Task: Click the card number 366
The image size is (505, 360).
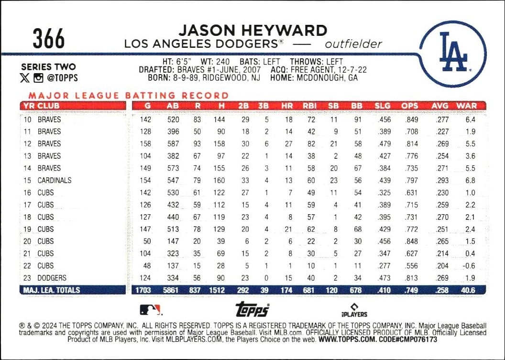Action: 49,39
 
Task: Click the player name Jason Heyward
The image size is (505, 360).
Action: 252,30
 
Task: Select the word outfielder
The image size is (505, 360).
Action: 353,44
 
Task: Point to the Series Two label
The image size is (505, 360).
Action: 48,67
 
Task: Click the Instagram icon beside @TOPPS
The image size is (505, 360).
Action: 38,78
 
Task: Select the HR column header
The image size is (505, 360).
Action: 288,106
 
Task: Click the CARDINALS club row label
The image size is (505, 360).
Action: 55,180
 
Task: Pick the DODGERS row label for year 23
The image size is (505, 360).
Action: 52,278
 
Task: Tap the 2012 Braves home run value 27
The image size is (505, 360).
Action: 288,143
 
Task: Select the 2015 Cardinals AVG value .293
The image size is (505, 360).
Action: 442,180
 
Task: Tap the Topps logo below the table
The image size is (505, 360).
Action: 252,310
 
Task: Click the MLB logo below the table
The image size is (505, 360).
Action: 151,310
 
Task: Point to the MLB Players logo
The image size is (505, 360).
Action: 354,310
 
